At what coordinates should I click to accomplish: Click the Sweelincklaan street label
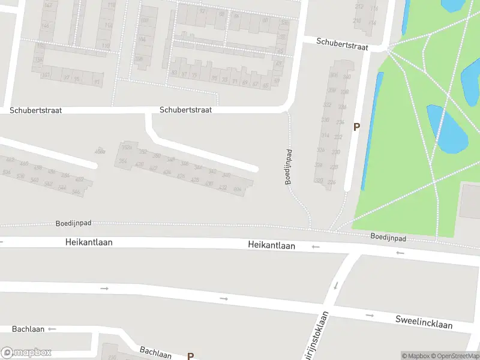tap(424, 322)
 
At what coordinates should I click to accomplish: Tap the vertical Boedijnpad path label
tap(289, 167)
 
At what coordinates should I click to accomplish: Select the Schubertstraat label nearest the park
tap(343, 43)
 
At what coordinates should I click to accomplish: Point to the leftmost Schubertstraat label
tap(35, 110)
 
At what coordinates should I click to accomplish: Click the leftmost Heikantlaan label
tap(88, 243)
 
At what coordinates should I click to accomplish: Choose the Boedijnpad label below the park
tap(388, 238)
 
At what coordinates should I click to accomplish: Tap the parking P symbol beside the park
tap(356, 127)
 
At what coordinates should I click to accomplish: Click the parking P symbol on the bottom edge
tap(190, 356)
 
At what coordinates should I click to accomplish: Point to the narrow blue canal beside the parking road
tap(371, 129)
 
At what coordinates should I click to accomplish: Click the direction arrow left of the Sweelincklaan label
tap(370, 315)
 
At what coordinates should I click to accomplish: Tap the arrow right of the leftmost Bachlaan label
tap(52, 329)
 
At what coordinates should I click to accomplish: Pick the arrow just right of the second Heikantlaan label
tap(315, 247)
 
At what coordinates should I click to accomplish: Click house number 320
tap(319, 180)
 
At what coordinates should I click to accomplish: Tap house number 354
tap(123, 161)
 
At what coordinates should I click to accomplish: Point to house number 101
tap(46, 74)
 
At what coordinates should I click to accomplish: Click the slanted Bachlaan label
tap(155, 352)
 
